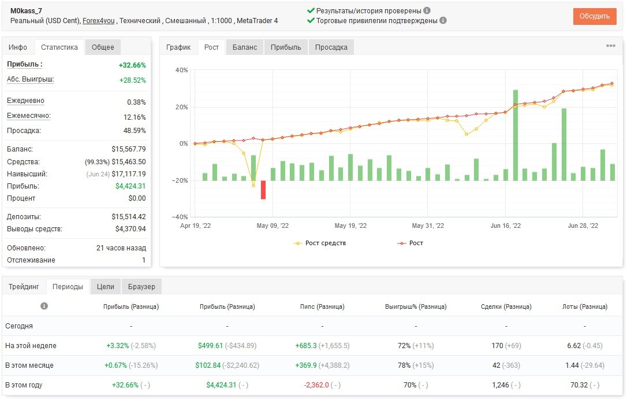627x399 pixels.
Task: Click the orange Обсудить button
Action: click(594, 16)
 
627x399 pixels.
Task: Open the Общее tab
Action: click(103, 47)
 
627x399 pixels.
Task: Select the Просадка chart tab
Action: click(331, 47)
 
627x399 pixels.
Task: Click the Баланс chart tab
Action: click(245, 47)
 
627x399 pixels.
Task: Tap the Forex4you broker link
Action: click(98, 21)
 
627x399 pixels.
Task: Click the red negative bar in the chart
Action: click(263, 190)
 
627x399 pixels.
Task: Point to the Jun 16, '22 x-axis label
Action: click(505, 226)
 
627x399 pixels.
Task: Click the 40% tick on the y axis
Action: click(181, 70)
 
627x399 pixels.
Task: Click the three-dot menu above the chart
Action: click(611, 46)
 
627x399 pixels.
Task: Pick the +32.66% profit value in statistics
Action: click(132, 65)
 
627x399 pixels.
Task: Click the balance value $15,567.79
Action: click(128, 149)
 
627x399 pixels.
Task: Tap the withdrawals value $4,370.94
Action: click(130, 229)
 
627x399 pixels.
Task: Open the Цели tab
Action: click(106, 287)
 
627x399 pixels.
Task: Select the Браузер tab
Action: click(141, 287)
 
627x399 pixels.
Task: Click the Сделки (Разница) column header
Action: click(506, 307)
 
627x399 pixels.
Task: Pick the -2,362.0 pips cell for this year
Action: click(316, 385)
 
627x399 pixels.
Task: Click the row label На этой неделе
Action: click(31, 346)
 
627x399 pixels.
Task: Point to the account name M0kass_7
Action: click(26, 11)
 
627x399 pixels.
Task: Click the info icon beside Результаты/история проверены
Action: click(427, 11)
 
